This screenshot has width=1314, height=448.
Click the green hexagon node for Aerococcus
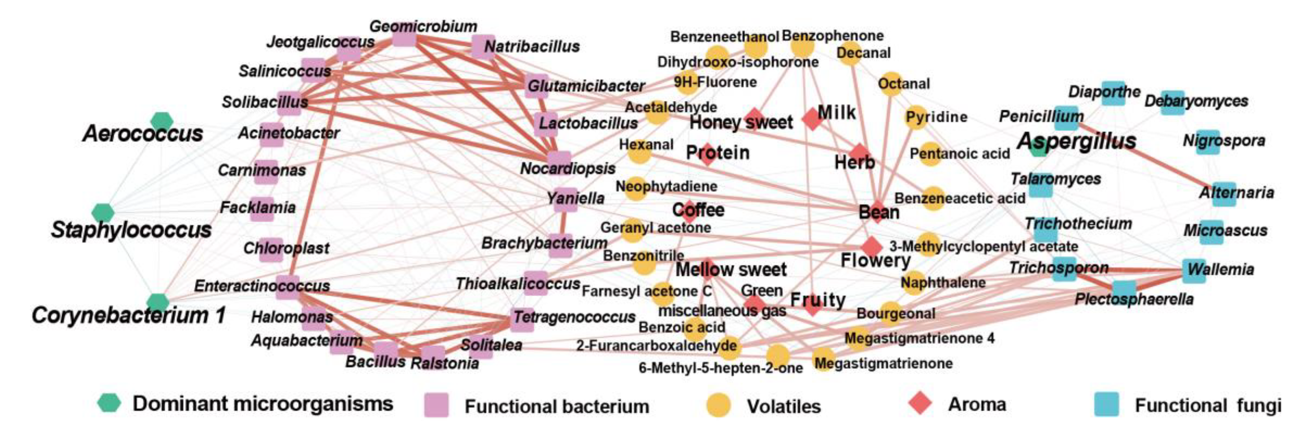[162, 121]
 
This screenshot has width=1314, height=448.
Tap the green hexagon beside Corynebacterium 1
[158, 302]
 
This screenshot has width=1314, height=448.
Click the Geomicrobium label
[423, 26]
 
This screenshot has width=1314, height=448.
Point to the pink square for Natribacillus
[482, 47]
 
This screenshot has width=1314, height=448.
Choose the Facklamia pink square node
[261, 209]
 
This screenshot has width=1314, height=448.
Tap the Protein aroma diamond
[707, 154]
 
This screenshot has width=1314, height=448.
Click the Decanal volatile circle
[849, 53]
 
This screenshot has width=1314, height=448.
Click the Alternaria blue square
[1224, 194]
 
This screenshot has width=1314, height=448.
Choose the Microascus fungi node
[1211, 232]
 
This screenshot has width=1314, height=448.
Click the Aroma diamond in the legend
[921, 404]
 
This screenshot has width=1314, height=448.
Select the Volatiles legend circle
[718, 406]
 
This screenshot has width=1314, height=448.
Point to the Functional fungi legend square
[1106, 405]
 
